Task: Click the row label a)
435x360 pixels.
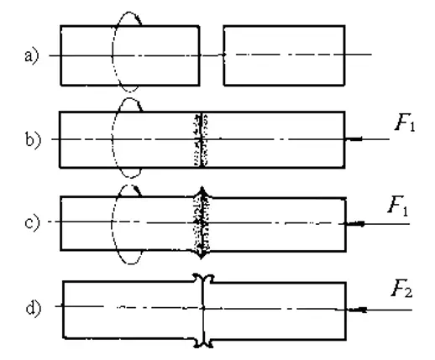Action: point(31,57)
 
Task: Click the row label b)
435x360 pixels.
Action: point(33,139)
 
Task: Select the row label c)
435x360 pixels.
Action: point(32,223)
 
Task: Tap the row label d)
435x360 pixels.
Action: point(34,308)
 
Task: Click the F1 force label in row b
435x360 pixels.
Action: point(405,123)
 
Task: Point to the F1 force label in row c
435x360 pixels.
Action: point(398,206)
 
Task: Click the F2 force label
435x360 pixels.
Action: point(401,289)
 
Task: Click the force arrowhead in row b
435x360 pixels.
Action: point(354,138)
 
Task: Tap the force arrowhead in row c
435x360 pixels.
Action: point(355,224)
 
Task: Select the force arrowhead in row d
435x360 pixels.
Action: point(357,310)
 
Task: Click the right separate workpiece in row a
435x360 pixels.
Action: point(284,55)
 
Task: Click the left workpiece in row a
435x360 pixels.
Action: point(130,55)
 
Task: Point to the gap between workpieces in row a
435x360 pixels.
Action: point(212,55)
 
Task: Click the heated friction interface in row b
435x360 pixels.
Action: point(202,139)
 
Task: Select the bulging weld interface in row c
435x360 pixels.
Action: point(202,223)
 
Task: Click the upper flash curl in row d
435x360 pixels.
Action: point(203,278)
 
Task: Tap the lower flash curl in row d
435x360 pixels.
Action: point(203,343)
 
